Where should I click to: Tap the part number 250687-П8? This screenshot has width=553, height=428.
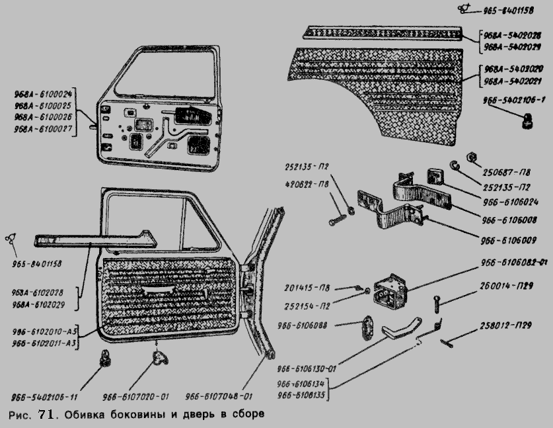click(510, 171)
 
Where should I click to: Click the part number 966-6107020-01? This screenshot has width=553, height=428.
click(136, 397)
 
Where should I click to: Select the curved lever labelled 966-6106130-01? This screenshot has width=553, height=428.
click(404, 327)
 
